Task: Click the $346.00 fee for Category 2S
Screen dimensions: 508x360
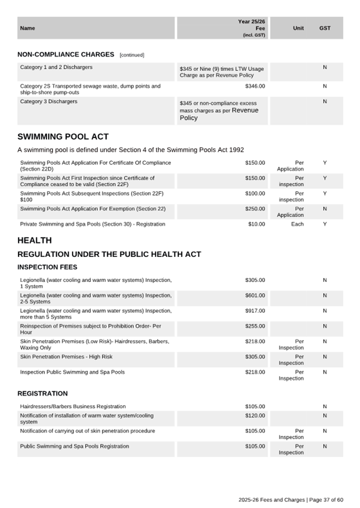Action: click(255, 86)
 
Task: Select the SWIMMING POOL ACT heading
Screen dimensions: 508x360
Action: click(63, 137)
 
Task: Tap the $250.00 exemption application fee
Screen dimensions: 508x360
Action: click(255, 208)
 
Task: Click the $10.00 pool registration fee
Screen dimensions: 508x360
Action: click(257, 224)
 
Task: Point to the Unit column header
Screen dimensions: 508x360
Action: click(299, 28)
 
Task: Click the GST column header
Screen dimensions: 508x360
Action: click(325, 28)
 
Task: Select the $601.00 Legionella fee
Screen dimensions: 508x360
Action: click(255, 295)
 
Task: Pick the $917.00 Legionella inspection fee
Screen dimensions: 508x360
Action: click(255, 311)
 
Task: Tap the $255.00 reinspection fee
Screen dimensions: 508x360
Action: click(255, 326)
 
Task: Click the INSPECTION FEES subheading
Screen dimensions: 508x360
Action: click(47, 267)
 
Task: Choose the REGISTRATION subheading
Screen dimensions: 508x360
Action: click(43, 393)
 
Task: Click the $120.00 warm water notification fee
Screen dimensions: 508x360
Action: click(255, 415)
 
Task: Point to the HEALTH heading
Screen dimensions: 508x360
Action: click(35, 240)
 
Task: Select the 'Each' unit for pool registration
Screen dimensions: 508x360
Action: click(298, 224)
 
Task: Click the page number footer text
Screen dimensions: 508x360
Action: click(291, 499)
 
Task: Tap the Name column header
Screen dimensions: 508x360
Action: click(27, 28)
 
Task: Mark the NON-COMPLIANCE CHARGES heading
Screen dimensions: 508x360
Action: click(66, 54)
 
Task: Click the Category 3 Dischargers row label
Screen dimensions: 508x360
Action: click(49, 101)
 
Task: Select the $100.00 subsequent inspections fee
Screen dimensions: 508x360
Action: click(255, 193)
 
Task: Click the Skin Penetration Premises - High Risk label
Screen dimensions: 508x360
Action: click(66, 357)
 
